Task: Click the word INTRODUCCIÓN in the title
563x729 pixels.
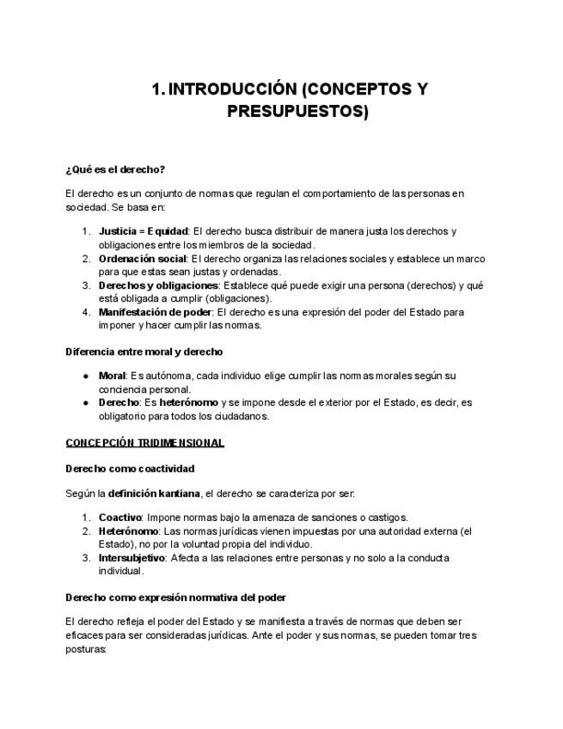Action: [x=232, y=90]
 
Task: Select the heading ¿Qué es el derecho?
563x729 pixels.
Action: [x=115, y=169]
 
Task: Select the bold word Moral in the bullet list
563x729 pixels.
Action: [x=112, y=376]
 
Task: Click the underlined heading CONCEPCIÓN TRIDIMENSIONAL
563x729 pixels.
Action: [x=145, y=443]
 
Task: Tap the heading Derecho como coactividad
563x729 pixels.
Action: [x=130, y=469]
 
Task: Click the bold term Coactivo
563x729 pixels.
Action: [x=119, y=518]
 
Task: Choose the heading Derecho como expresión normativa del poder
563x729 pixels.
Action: [x=175, y=597]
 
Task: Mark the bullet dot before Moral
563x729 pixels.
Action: [x=86, y=377]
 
